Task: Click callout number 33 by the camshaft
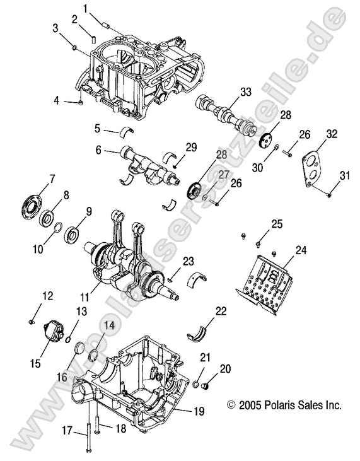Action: [x=228, y=92]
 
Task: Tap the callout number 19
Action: [x=199, y=411]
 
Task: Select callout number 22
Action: [x=220, y=311]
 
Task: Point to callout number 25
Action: [x=276, y=224]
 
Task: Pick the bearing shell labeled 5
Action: [x=129, y=131]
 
